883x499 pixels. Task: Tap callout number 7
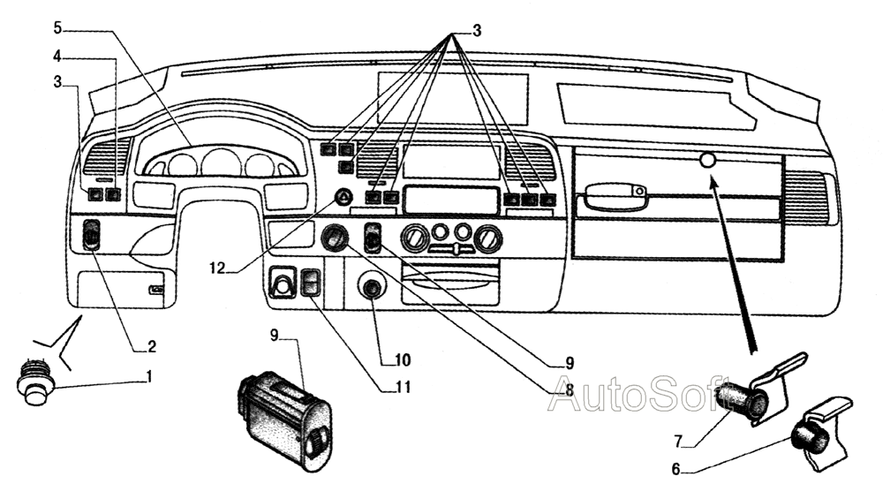coord(678,439)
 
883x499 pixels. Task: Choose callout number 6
coord(676,469)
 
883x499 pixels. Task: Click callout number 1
coord(149,376)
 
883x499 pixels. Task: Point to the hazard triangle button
coord(343,197)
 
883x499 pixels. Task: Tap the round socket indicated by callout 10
coord(372,290)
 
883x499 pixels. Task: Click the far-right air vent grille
coord(804,197)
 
